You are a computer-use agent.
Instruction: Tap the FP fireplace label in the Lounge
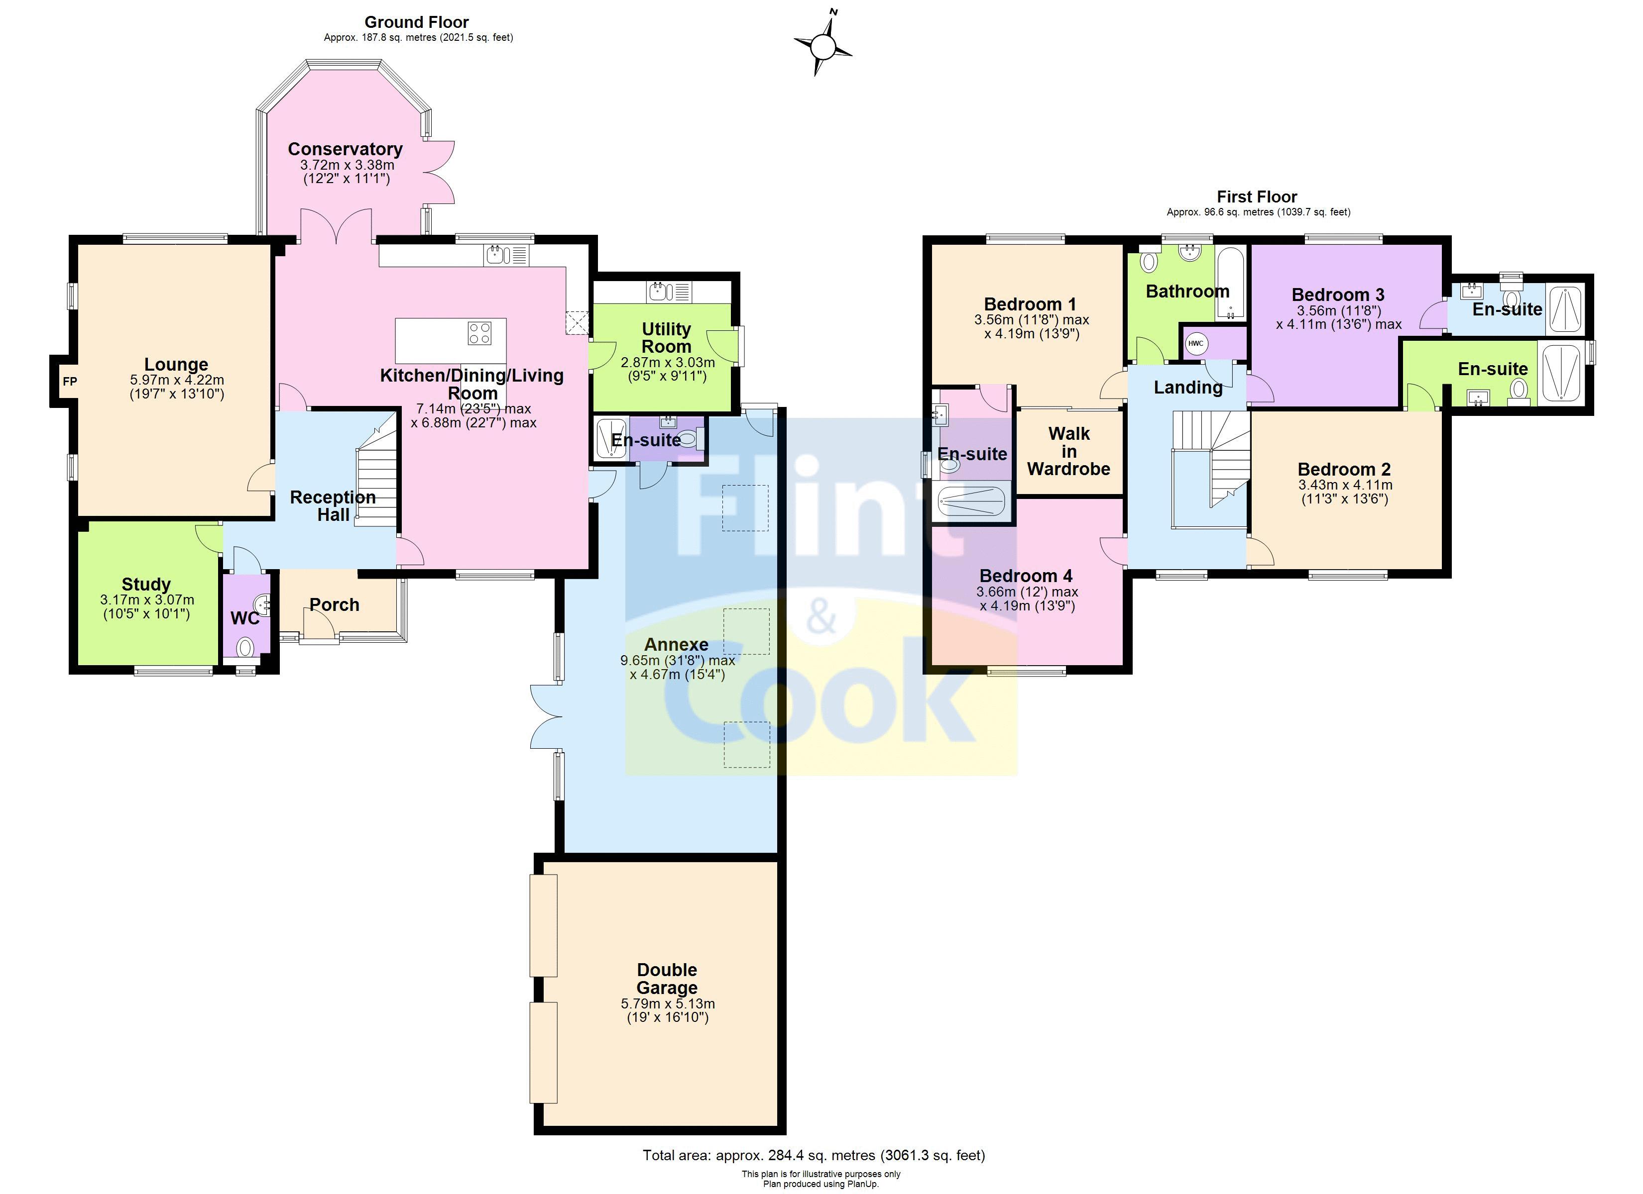[70, 381]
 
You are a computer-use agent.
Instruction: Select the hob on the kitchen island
[479, 333]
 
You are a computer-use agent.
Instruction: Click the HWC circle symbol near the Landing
[1195, 343]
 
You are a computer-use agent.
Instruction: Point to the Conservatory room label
[345, 149]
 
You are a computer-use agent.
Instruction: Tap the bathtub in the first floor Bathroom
[1230, 284]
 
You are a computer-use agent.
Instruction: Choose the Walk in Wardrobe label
[1068, 451]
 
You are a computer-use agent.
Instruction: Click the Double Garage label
[667, 979]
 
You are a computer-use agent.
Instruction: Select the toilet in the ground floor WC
[246, 646]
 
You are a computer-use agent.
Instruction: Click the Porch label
[334, 604]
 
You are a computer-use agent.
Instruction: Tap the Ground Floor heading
[417, 22]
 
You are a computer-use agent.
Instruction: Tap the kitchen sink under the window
[496, 255]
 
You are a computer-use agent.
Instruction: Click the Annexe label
[676, 644]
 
